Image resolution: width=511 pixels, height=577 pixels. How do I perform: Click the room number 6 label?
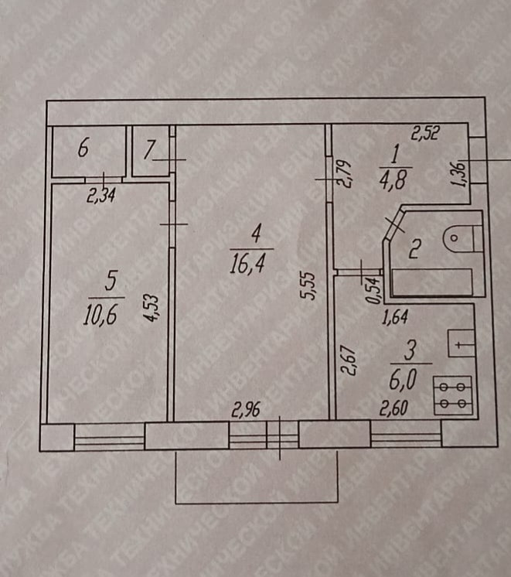[x=83, y=148]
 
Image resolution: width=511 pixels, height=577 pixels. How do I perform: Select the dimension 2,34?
[x=100, y=196]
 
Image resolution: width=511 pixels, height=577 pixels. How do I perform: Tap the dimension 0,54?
[x=376, y=290]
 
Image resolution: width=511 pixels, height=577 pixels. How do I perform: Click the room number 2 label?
[x=414, y=249]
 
